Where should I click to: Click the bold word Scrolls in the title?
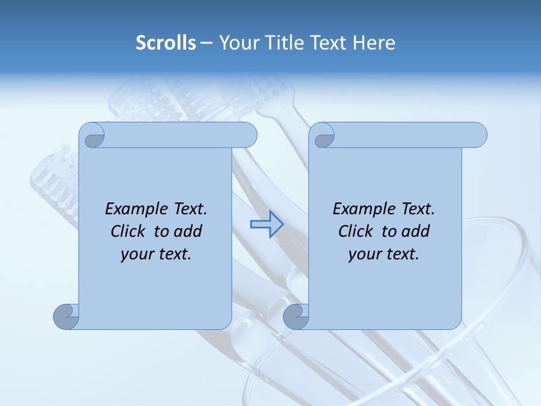[x=166, y=43]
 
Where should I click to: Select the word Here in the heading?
[x=374, y=43]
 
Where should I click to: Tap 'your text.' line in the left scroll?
[x=156, y=254]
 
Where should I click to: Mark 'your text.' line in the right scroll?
[x=383, y=254]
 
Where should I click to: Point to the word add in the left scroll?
[x=188, y=231]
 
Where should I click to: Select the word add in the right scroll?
[x=415, y=231]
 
